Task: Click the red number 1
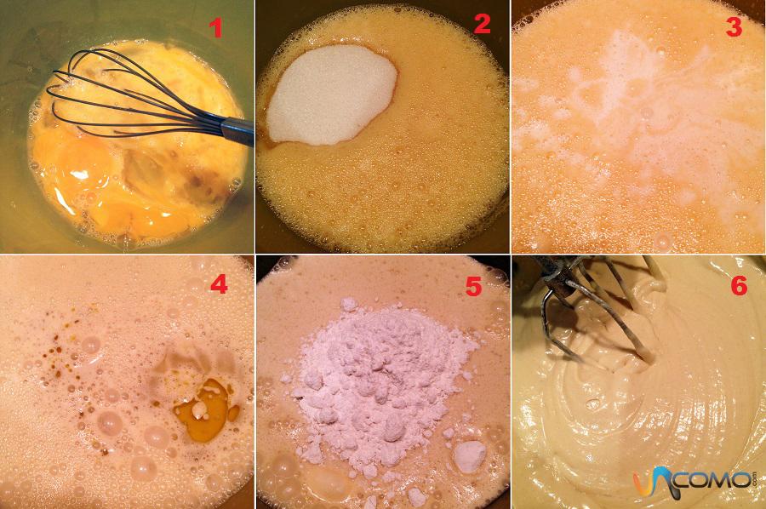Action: tap(215, 27)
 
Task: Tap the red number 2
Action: tap(482, 24)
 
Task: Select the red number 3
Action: tap(734, 27)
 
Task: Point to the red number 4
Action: tap(219, 283)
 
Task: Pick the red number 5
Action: tap(473, 287)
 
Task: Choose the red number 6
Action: tap(739, 285)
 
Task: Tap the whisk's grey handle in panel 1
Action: tap(237, 131)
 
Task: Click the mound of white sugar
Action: tap(331, 95)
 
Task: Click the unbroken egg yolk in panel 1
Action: tap(84, 163)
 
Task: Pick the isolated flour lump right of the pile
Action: tap(469, 457)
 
